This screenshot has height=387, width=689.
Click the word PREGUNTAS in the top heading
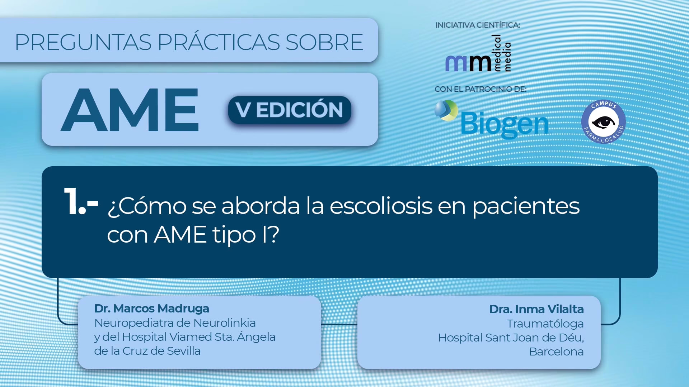pos(83,42)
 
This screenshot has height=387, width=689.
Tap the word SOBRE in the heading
pos(324,42)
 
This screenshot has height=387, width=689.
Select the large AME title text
pos(130,110)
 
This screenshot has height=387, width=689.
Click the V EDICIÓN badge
pos(290,110)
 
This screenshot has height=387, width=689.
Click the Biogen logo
pos(492,120)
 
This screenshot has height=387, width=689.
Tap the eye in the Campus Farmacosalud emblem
pos(603,122)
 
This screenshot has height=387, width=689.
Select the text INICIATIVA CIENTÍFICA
pos(478,25)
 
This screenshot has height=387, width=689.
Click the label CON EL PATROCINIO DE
pos(481,89)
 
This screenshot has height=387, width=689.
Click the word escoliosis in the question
pos(381,206)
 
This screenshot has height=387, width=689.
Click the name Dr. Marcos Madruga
pos(151,309)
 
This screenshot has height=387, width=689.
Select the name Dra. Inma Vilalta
pos(536,309)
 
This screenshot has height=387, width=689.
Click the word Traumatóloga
pos(545,324)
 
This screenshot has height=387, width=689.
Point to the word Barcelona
pos(556,352)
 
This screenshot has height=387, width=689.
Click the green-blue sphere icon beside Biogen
pos(446,110)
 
